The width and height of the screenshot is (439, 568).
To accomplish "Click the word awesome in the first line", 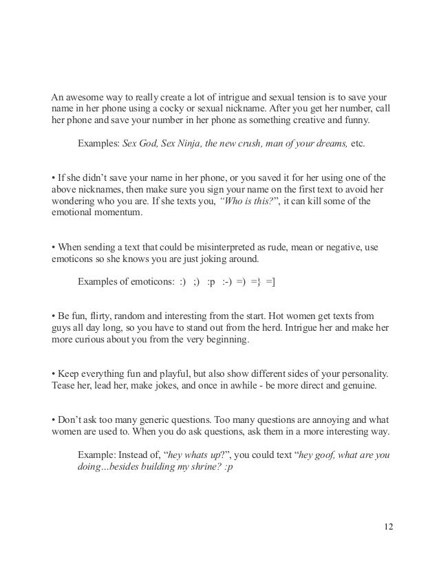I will click(87, 95).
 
